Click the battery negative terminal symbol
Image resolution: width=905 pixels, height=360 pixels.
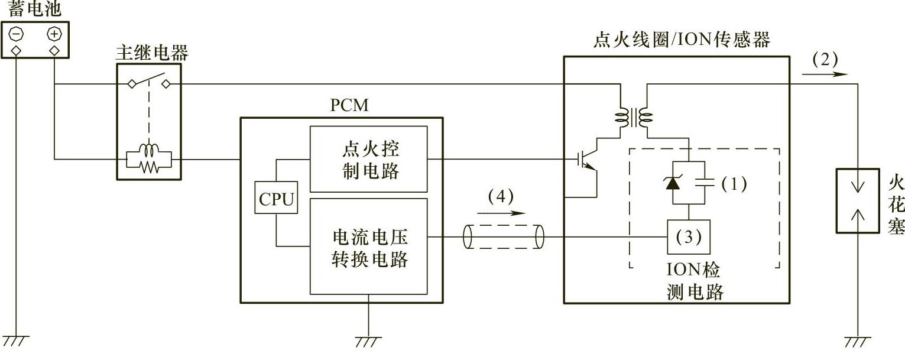[x=16, y=35]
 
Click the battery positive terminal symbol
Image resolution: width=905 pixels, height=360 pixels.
[x=54, y=35]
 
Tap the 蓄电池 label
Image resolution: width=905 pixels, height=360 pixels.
[x=34, y=9]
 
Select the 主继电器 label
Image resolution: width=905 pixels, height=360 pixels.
[x=151, y=54]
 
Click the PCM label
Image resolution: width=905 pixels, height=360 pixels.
[x=349, y=106]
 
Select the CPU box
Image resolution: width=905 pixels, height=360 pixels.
[x=276, y=200]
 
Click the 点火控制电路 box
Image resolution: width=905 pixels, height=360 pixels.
[x=368, y=159]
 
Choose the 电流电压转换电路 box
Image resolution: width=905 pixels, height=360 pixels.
[x=368, y=247]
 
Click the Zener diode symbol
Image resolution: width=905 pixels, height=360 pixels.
[x=673, y=183]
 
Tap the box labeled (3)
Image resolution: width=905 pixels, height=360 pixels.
[x=688, y=237]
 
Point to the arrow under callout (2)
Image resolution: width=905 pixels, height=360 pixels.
[x=825, y=74]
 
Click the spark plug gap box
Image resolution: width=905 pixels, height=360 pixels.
[x=857, y=201]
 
